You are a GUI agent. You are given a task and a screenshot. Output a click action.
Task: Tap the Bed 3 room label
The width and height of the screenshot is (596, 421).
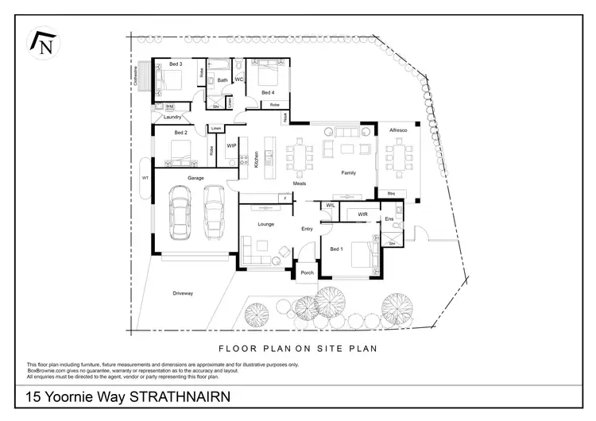(176, 64)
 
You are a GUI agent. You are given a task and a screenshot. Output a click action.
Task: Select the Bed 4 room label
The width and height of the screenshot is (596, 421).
(268, 92)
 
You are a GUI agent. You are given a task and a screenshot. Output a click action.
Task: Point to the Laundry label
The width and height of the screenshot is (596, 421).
(173, 117)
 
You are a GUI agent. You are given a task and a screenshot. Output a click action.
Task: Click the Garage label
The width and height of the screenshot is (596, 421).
(195, 177)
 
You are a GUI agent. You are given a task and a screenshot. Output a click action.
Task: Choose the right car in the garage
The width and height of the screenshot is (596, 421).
(213, 211)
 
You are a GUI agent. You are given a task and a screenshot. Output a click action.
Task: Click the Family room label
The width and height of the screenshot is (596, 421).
(348, 172)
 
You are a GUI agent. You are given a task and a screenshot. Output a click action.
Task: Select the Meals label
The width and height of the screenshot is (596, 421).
(300, 183)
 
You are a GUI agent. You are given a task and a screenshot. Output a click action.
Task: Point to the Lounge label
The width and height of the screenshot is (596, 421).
(266, 225)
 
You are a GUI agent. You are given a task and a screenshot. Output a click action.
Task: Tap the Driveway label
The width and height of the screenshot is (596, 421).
(183, 293)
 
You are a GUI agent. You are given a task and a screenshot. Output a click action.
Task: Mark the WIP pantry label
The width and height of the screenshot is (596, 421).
(232, 146)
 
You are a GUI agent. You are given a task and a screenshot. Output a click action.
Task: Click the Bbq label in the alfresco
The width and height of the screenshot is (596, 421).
(391, 193)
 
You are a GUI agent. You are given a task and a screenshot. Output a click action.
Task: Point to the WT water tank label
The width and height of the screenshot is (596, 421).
(145, 178)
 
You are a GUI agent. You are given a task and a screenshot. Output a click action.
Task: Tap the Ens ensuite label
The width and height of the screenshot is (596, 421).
(389, 218)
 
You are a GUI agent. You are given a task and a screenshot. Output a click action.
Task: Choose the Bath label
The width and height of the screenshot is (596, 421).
(223, 80)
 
